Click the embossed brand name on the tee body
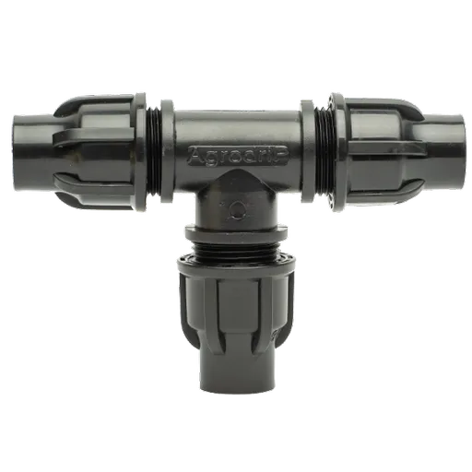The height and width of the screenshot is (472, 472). click(x=239, y=155)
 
